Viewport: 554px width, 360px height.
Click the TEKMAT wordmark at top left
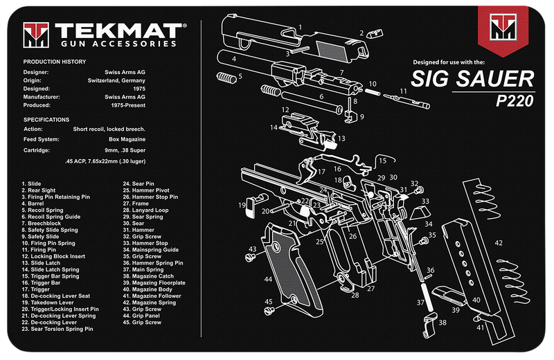(x=120, y=31)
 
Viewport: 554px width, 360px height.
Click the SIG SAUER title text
(x=472, y=78)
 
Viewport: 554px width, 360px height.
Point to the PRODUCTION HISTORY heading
(x=55, y=62)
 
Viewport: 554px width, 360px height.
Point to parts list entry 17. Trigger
(x=37, y=289)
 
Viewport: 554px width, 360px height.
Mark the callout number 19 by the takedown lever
(x=242, y=204)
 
